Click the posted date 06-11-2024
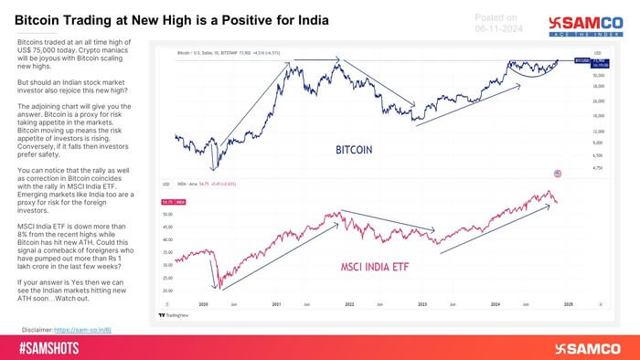(501, 28)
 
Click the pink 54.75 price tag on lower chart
(171, 200)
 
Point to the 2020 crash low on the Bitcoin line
(215, 169)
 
